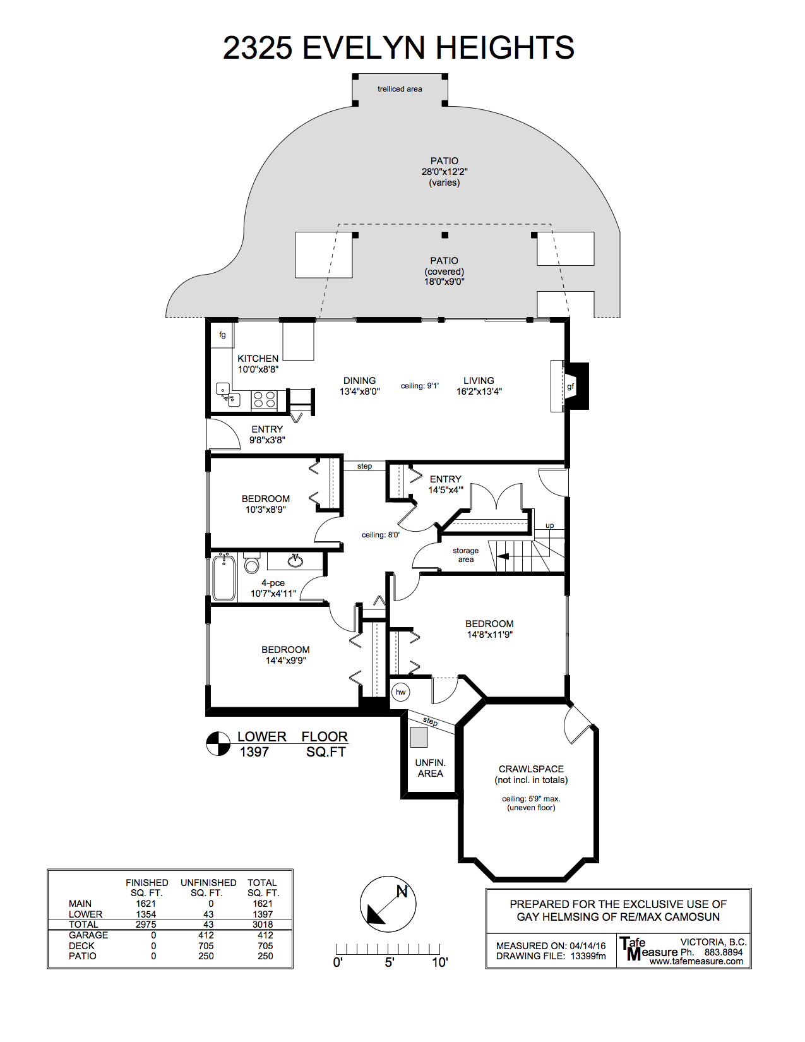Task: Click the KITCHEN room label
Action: [x=258, y=359]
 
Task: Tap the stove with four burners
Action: [x=264, y=400]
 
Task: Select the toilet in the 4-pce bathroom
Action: [x=252, y=563]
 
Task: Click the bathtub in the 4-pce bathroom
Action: [x=224, y=577]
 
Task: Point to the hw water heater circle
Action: [x=400, y=692]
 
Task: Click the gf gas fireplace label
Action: [x=571, y=386]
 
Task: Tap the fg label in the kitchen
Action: [x=222, y=335]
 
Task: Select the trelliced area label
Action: [x=400, y=88]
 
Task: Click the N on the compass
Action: [x=402, y=892]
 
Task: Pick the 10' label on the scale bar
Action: [x=439, y=962]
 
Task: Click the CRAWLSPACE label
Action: [x=531, y=769]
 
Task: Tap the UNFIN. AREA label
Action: [x=430, y=768]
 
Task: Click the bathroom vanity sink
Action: [x=295, y=560]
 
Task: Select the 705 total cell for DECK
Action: [x=265, y=945]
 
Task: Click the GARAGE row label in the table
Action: [x=88, y=935]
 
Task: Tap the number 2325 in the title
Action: [x=258, y=48]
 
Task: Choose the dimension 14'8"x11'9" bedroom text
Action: [x=489, y=635]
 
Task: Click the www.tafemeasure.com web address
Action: [x=696, y=961]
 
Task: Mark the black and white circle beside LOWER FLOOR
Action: [x=218, y=744]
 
